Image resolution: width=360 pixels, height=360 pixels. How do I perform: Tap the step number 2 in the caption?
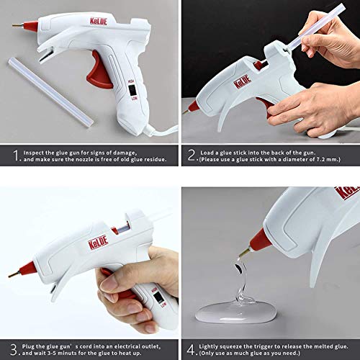pos(192,154)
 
